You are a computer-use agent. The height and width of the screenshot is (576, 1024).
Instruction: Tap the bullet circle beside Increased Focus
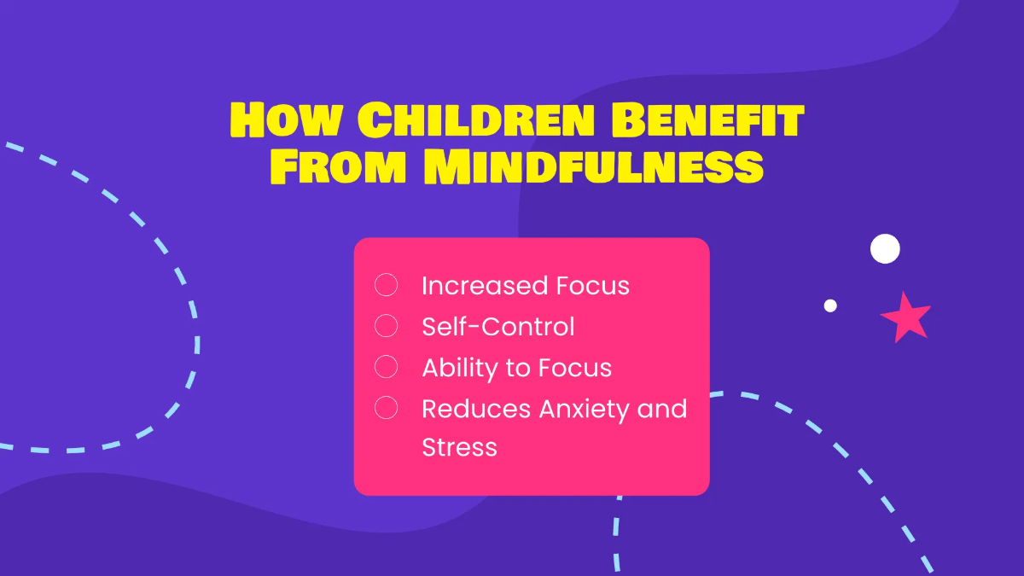387,285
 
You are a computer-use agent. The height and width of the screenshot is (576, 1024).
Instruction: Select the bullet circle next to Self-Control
387,326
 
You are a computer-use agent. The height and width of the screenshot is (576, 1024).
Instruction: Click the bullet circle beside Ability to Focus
387,367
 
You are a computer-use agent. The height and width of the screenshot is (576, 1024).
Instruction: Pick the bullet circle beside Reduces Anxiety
387,408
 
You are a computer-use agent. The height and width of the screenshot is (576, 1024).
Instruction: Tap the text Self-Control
498,327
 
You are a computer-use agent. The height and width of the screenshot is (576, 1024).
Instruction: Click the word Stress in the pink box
459,447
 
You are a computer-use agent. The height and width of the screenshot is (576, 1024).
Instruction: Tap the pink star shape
905,316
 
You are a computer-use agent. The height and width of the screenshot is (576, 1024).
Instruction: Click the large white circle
885,248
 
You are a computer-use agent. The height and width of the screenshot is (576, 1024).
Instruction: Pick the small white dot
830,305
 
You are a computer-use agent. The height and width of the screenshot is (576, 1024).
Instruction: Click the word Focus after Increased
593,286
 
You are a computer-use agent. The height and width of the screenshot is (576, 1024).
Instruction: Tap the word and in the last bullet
662,409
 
